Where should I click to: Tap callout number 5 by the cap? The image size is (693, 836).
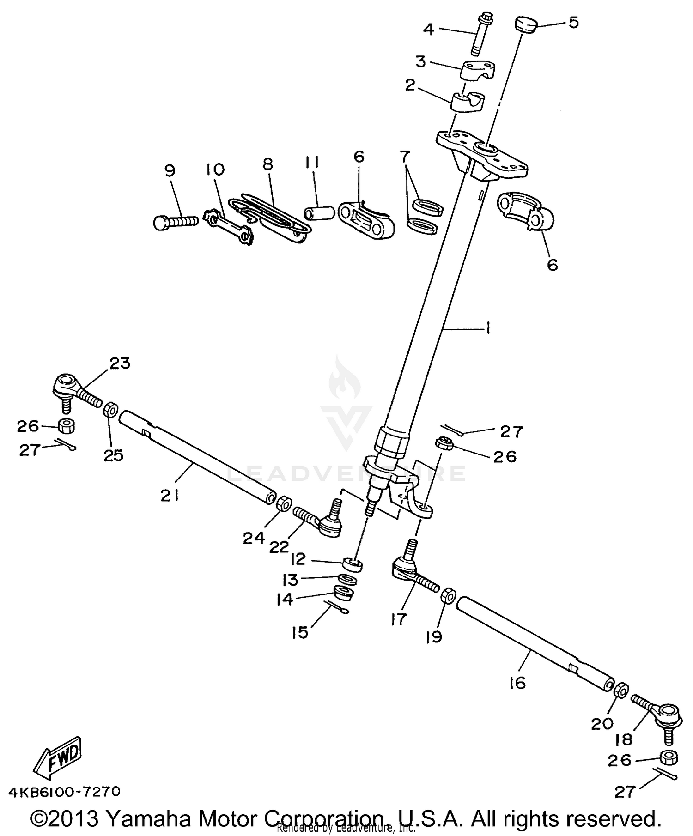(x=573, y=23)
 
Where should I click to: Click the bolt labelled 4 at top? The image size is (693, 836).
(x=478, y=35)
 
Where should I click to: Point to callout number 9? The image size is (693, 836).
(x=170, y=170)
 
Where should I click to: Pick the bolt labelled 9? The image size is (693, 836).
(x=175, y=222)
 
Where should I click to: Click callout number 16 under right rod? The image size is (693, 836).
(x=518, y=683)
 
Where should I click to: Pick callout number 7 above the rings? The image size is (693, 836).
(x=405, y=157)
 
